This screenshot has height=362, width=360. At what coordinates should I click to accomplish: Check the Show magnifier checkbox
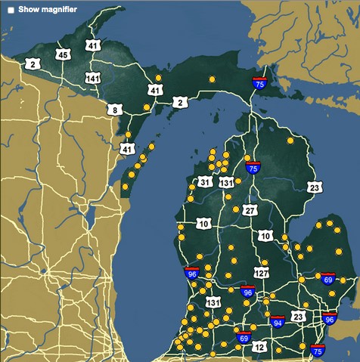tap(11, 10)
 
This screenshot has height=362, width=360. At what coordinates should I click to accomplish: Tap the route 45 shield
tap(63, 54)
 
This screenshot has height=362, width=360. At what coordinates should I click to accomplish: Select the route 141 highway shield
tap(94, 79)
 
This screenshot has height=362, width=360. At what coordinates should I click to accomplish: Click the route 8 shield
tap(114, 110)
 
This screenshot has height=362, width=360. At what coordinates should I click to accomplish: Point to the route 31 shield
tap(204, 182)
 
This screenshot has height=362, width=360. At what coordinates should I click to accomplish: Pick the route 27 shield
tap(250, 211)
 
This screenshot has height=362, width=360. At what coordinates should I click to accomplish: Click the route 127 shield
tap(262, 272)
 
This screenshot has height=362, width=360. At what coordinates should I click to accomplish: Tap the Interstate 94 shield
tap(278, 323)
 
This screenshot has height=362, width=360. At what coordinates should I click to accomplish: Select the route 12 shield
tap(259, 347)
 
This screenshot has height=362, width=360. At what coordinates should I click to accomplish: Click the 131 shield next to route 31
tap(226, 183)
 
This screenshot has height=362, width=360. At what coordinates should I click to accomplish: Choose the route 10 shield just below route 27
tap(265, 237)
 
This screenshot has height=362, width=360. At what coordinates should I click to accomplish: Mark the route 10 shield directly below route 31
tap(203, 224)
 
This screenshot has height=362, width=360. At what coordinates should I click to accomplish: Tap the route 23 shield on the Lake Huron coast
tap(315, 187)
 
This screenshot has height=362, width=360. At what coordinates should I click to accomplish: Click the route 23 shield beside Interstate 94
tap(299, 317)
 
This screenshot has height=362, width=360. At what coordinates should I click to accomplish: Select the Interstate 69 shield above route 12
tap(243, 336)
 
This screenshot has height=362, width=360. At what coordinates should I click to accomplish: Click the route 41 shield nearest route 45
tap(93, 46)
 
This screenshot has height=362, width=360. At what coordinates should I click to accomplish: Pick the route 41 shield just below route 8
tap(127, 149)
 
